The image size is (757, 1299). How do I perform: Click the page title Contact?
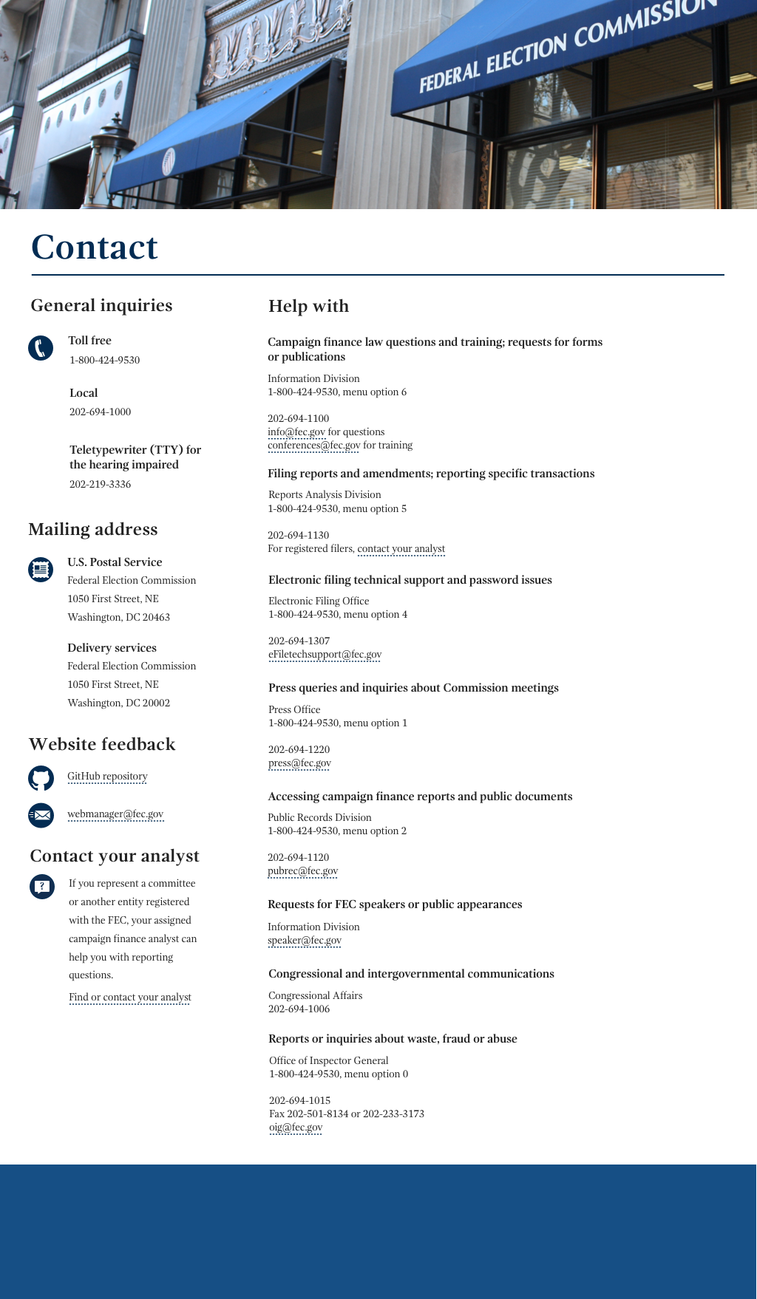click(95, 248)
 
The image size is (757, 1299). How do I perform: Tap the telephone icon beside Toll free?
click(41, 348)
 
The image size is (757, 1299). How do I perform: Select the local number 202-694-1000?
click(100, 412)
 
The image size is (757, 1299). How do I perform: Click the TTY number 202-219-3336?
click(100, 484)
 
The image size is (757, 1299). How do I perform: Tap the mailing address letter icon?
click(41, 569)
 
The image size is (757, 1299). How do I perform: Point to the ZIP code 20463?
click(156, 617)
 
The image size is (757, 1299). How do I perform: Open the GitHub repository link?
click(107, 776)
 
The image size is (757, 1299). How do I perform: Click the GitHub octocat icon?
click(41, 778)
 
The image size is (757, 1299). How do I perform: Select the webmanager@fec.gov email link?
click(115, 814)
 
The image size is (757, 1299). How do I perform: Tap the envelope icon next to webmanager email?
click(41, 815)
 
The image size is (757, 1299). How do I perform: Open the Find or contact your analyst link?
click(129, 997)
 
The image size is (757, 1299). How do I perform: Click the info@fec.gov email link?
click(296, 432)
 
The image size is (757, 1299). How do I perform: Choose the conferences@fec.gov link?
click(313, 445)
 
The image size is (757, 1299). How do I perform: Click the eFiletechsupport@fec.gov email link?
click(325, 654)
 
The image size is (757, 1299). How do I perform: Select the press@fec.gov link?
click(299, 763)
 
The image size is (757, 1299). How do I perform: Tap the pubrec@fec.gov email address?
click(302, 870)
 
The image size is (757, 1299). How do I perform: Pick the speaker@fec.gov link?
click(305, 940)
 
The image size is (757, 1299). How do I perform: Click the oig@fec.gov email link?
click(296, 1127)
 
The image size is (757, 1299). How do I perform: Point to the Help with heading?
click(308, 306)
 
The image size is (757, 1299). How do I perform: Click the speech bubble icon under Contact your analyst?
click(41, 886)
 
